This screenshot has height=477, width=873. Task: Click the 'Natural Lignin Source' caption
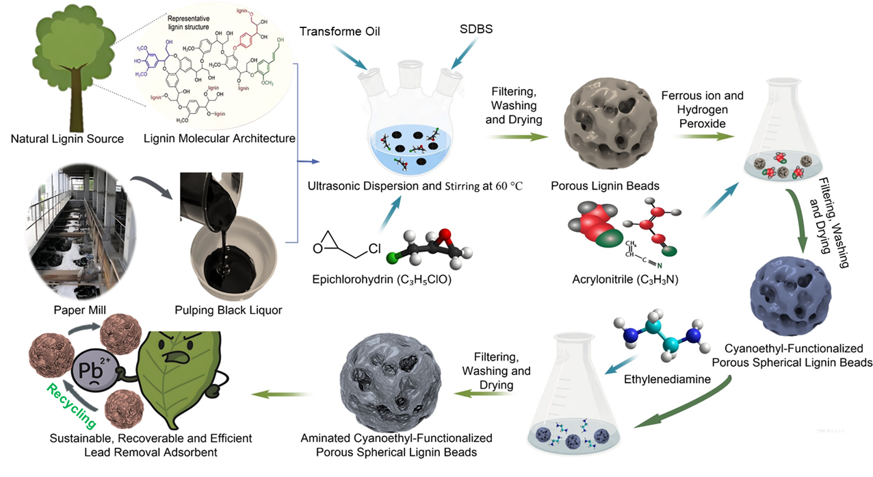coord(67,139)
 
